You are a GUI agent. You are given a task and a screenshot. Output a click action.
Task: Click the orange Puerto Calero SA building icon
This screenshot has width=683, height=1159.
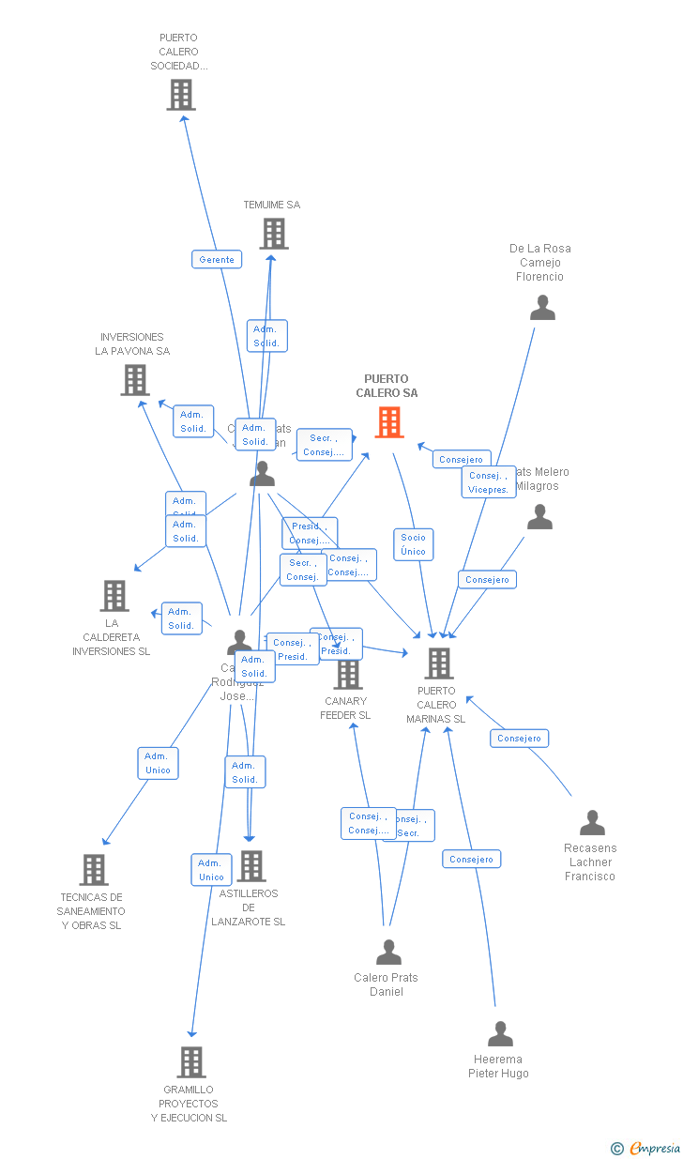click(389, 422)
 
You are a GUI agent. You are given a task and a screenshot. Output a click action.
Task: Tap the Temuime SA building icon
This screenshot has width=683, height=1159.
click(273, 234)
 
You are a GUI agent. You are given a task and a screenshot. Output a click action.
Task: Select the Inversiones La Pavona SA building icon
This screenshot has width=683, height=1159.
click(135, 380)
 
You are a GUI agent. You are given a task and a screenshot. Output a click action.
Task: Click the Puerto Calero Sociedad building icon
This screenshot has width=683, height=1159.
click(181, 95)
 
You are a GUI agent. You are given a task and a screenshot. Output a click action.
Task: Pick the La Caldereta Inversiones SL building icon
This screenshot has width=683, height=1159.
click(114, 595)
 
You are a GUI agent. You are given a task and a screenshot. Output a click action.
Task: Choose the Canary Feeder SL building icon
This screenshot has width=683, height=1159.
click(348, 674)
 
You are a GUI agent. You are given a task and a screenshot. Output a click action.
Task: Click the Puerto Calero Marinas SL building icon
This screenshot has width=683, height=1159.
click(438, 663)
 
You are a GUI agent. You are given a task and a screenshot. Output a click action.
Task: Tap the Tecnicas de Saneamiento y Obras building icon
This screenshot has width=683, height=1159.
click(94, 870)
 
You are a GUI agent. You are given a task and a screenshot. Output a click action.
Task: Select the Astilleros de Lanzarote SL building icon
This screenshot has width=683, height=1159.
click(251, 866)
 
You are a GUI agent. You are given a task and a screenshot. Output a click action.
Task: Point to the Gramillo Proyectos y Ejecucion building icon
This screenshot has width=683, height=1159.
click(191, 1062)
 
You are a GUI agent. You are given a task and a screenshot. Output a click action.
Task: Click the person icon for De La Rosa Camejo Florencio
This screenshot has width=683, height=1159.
click(542, 308)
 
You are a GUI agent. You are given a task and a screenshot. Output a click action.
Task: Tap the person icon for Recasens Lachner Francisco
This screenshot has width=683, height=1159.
click(592, 823)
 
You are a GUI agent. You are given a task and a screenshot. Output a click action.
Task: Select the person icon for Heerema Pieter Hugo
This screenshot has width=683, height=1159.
click(500, 1034)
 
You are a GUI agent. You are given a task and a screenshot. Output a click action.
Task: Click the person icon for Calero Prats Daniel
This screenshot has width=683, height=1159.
click(388, 953)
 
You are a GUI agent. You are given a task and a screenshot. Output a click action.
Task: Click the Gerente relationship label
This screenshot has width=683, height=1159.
click(217, 259)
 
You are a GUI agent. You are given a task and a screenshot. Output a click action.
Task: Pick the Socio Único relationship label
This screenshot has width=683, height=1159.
click(413, 544)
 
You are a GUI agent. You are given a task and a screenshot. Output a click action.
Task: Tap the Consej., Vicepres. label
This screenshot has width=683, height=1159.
click(488, 482)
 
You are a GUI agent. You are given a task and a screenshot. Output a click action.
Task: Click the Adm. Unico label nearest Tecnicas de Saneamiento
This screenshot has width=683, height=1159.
click(158, 763)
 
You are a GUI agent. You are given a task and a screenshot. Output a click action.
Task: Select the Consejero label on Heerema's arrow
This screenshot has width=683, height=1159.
click(471, 859)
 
